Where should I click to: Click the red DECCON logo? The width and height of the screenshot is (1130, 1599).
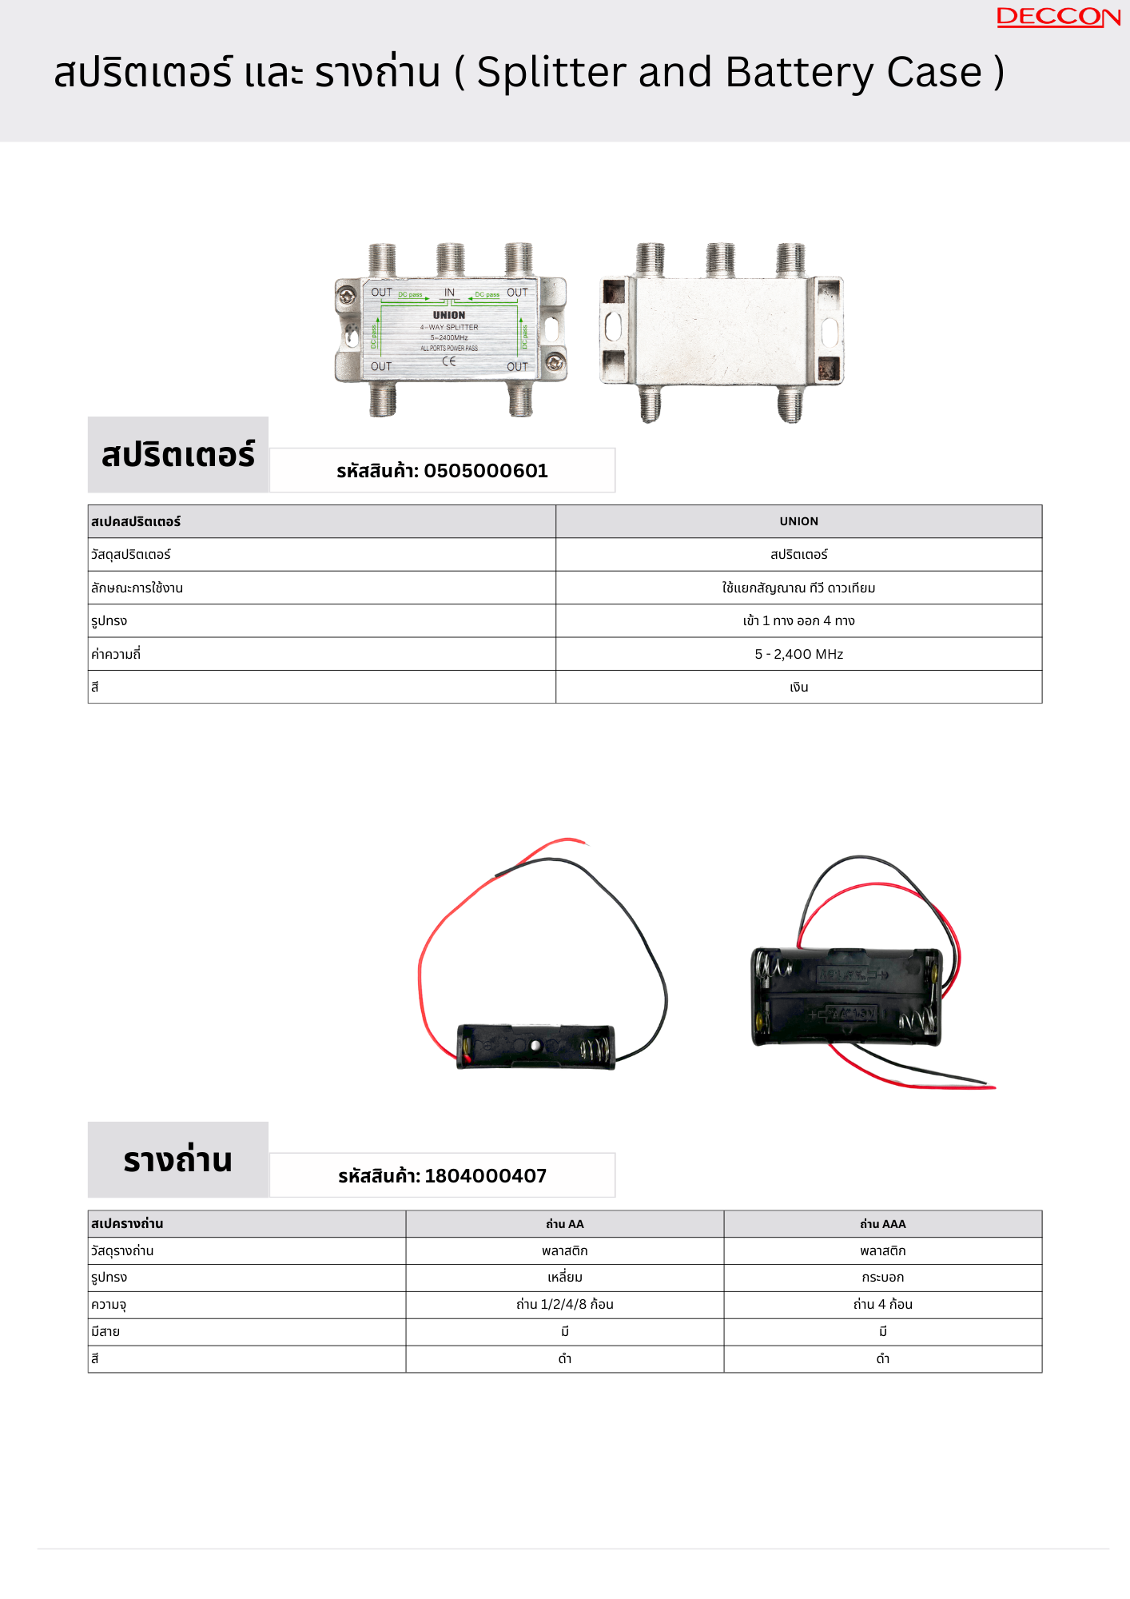click(1058, 17)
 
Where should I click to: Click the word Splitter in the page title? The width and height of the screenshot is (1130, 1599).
click(551, 73)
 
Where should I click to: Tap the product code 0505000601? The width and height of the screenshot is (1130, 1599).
click(485, 471)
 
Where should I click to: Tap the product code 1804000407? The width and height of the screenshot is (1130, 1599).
click(485, 1176)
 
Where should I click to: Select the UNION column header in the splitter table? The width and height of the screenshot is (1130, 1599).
click(798, 521)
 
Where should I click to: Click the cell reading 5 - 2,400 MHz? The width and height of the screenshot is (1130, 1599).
click(798, 654)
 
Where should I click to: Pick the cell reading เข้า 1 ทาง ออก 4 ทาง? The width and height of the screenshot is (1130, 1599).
click(798, 621)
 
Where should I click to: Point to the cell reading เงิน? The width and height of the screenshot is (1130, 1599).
click(798, 688)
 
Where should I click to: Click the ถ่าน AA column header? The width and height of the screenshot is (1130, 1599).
click(564, 1224)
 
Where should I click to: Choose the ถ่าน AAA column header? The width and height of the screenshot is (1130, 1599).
click(882, 1224)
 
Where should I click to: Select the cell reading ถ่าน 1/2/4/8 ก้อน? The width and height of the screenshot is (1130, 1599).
click(564, 1305)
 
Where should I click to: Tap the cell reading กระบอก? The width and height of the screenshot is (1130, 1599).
click(882, 1278)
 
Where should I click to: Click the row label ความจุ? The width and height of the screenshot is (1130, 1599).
click(109, 1305)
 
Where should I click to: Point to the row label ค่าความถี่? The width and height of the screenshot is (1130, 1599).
click(116, 654)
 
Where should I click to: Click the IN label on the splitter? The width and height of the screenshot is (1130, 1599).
click(449, 293)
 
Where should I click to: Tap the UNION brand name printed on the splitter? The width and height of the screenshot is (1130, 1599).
click(449, 315)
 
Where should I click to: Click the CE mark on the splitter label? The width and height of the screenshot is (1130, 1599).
click(449, 361)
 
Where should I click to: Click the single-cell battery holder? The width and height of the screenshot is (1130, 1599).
click(535, 1046)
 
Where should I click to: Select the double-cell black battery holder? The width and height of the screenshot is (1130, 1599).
click(846, 996)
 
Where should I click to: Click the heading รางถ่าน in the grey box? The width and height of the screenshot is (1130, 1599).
click(177, 1160)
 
